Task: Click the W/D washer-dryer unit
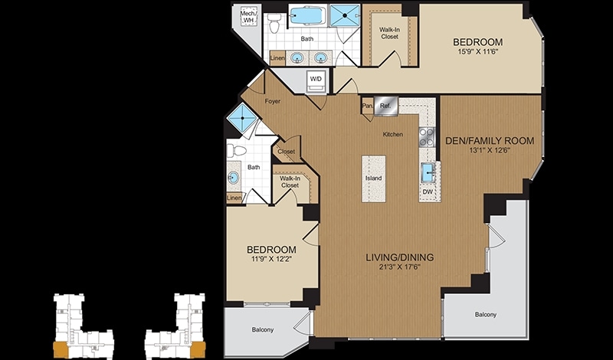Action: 316,81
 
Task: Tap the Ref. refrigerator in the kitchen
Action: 386,106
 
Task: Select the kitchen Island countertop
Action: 373,178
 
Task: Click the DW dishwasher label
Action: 428,191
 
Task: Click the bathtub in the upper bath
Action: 307,16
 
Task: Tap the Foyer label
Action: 273,101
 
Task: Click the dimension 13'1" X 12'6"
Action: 490,149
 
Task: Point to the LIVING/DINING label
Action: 400,257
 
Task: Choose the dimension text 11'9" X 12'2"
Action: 271,258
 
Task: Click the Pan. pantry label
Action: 367,106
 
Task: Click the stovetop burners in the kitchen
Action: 427,137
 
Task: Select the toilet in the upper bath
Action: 275,24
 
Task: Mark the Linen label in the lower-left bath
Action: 234,198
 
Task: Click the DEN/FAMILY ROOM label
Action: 490,141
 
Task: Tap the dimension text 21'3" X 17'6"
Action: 400,267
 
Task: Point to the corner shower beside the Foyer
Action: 242,117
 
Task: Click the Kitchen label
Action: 393,134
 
